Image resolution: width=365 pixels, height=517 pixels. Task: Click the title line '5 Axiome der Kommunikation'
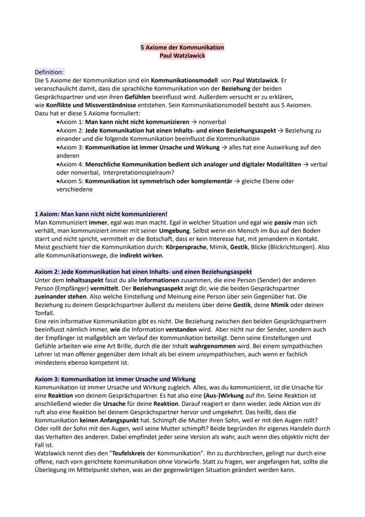[x=182, y=47]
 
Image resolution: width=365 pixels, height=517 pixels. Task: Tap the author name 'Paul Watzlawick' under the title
[x=182, y=56]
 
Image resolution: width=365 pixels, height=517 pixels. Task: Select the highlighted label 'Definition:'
[x=49, y=72]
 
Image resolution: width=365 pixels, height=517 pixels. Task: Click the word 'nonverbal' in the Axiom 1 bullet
[x=213, y=121]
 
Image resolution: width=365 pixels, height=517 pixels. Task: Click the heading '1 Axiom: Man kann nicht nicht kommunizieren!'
[x=101, y=214]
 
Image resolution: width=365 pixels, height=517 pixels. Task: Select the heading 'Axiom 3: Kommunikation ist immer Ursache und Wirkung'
[x=115, y=379]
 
